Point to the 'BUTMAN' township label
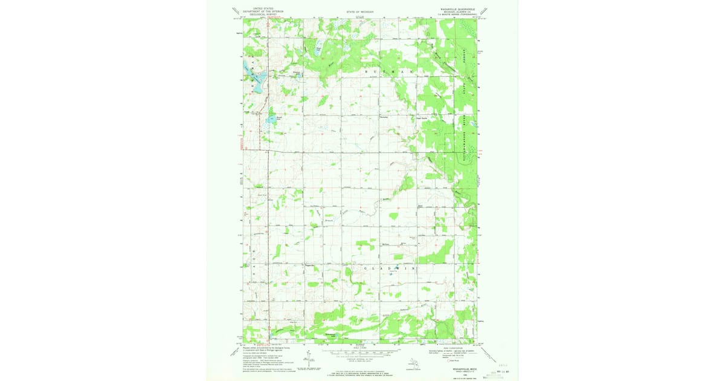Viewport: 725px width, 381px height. coord(391,71)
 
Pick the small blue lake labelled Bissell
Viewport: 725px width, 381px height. coord(271,119)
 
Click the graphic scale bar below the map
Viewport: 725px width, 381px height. coord(361,351)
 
